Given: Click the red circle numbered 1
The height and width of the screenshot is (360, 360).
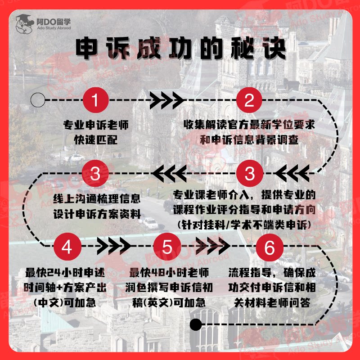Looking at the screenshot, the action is (x=95, y=100).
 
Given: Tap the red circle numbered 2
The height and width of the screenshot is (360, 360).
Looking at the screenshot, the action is (x=249, y=100).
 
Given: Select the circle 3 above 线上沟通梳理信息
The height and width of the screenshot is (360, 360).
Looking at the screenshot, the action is (x=95, y=174).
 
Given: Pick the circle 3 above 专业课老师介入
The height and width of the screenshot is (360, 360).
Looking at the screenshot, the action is (x=249, y=174).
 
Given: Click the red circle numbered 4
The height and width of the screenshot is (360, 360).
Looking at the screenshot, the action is (x=67, y=247).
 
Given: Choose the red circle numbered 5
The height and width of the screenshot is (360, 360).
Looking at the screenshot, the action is (x=167, y=247).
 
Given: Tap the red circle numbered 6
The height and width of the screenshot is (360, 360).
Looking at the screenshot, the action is (x=269, y=247).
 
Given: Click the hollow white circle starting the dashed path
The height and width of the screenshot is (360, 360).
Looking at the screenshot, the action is (x=38, y=99).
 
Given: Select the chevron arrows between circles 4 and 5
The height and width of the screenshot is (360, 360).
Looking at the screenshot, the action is (x=113, y=247).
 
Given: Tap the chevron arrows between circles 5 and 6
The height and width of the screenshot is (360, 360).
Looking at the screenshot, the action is (x=215, y=247).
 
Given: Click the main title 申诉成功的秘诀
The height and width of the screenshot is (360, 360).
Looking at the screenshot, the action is (x=180, y=48).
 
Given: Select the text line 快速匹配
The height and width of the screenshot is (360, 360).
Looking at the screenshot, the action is (x=95, y=139).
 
